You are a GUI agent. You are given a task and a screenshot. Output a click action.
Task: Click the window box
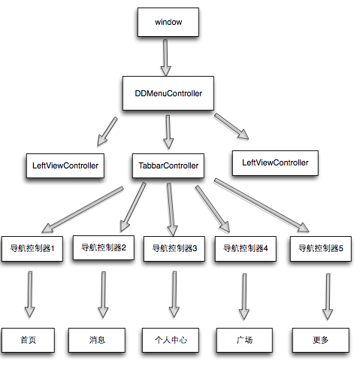pos(168,23)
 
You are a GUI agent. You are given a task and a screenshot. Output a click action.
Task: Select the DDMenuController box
pos(168,94)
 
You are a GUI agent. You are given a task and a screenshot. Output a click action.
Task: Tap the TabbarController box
pos(169,165)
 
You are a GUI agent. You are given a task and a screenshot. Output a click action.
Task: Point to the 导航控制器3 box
pos(174,248)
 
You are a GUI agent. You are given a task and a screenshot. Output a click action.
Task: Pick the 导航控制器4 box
pos(246,248)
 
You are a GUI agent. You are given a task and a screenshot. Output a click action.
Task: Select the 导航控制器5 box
pos(321,248)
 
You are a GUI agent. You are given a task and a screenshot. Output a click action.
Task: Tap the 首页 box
pos(29,340)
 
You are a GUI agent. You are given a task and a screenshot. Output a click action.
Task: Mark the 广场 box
pos(244,340)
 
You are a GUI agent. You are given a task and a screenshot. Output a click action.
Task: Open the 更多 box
pos(321,340)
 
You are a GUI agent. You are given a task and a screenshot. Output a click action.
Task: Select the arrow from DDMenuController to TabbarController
pos(168,131)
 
